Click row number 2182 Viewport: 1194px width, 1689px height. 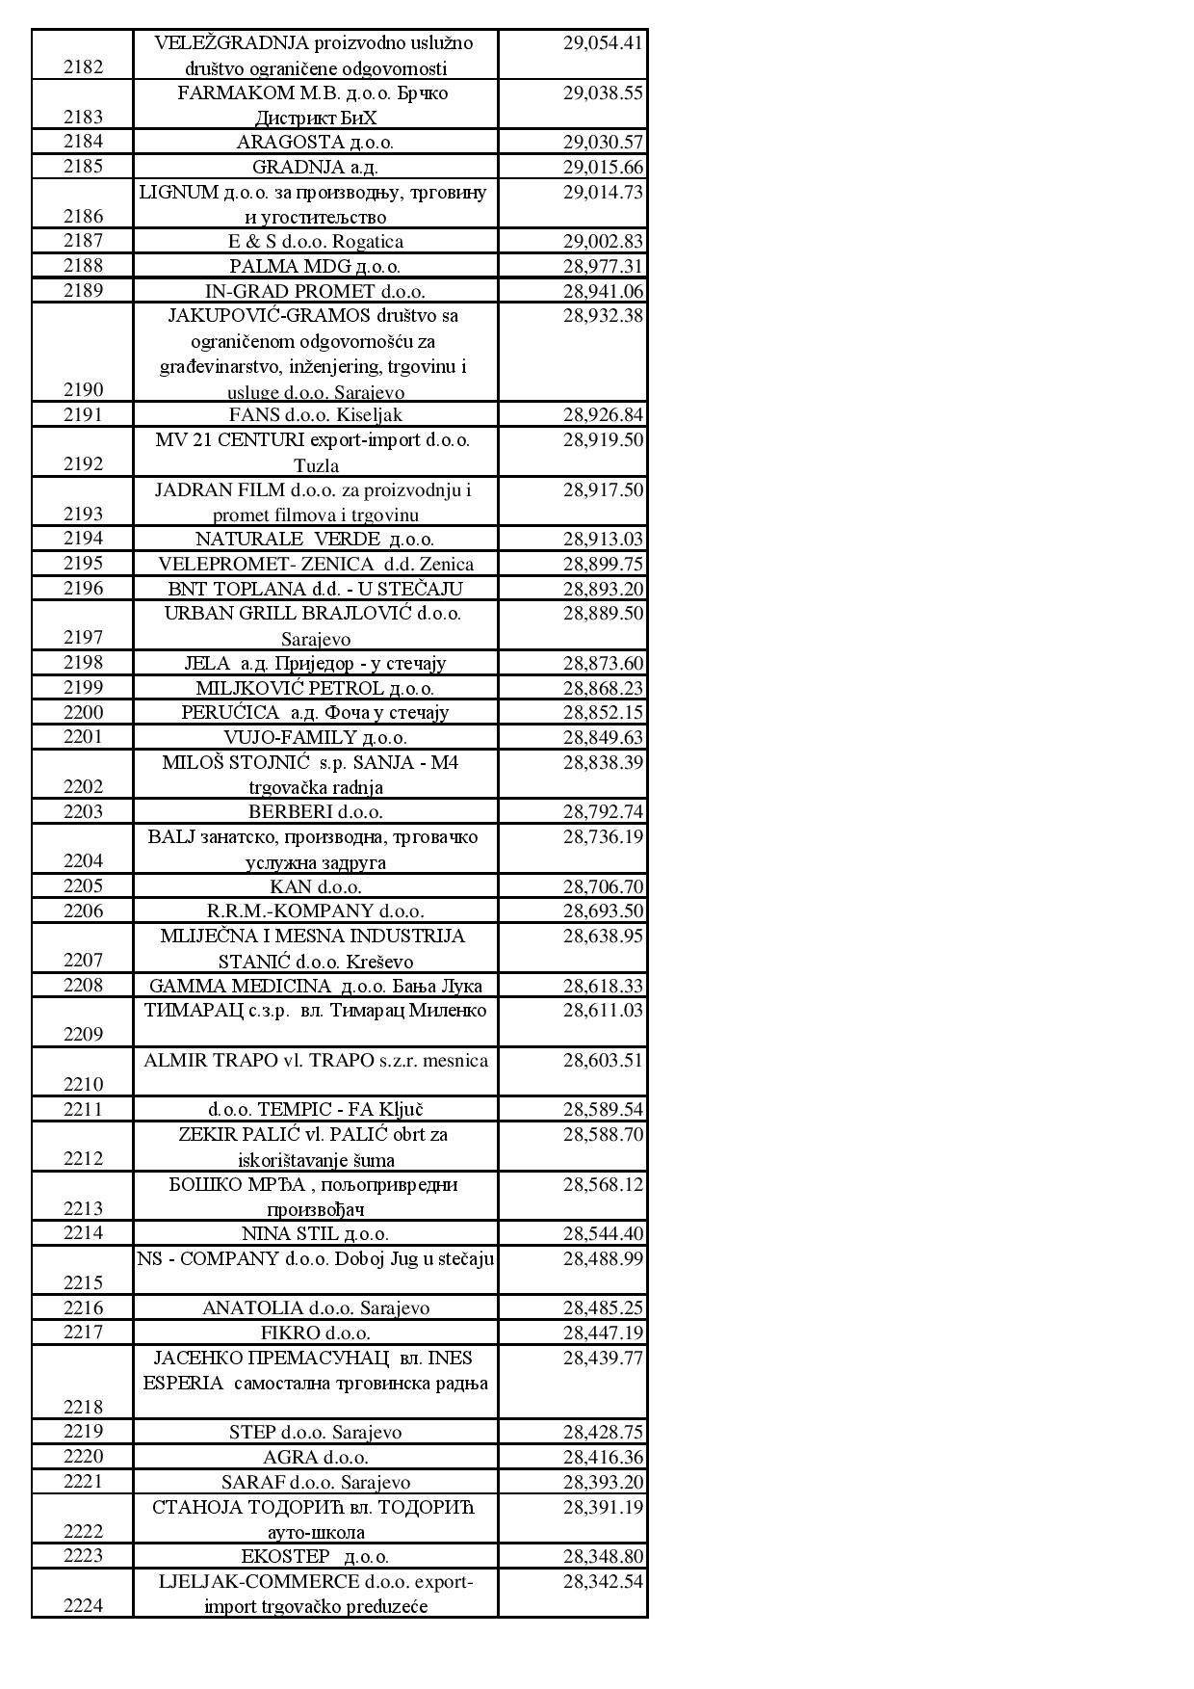click(83, 67)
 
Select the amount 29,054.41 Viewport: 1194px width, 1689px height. click(603, 43)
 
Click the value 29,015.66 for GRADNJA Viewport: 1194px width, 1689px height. click(603, 168)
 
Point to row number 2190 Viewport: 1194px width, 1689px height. click(83, 390)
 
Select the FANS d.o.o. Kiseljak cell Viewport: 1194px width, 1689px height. click(315, 415)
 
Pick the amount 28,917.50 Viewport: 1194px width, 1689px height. click(603, 490)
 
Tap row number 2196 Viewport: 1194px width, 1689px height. click(83, 588)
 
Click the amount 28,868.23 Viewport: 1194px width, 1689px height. click(603, 689)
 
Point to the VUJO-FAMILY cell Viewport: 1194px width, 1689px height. click(315, 738)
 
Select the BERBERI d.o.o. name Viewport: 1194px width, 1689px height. click(315, 812)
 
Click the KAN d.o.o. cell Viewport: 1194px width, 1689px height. click(315, 887)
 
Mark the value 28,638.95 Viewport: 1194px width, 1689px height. click(603, 937)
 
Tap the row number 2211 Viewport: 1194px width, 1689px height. click(83, 1109)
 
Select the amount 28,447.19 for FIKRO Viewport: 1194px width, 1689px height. click(603, 1333)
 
